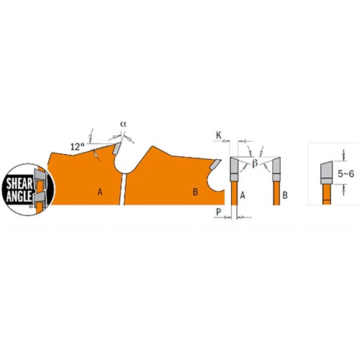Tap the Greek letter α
[x=123, y=124]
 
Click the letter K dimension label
[x=218, y=135]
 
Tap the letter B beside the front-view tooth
[x=286, y=194]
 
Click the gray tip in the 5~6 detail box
[x=324, y=171]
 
